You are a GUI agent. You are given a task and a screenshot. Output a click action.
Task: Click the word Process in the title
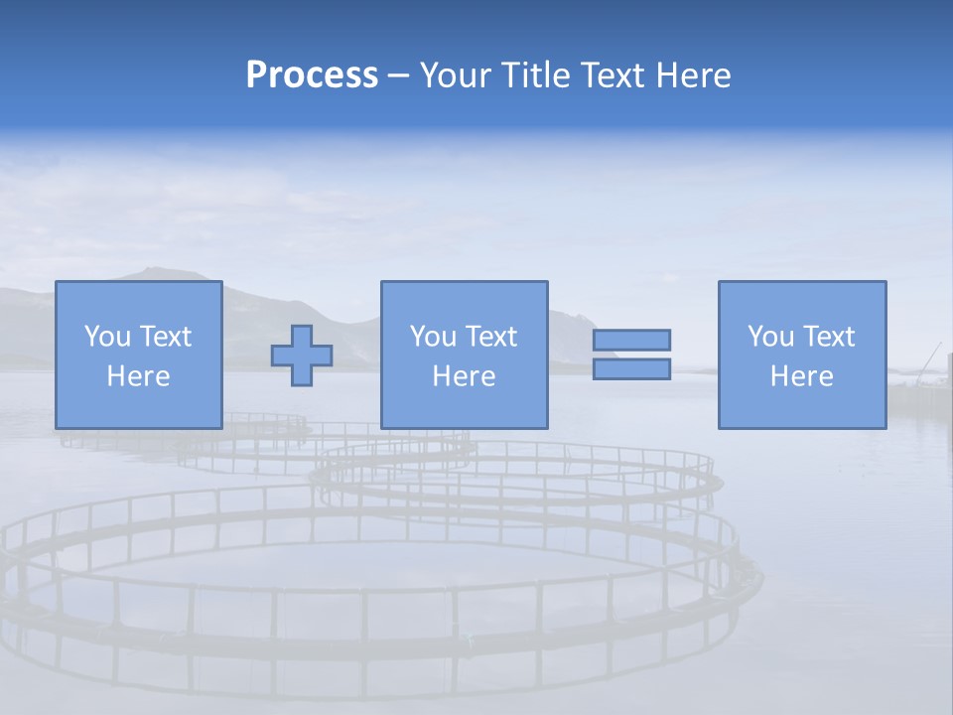(312, 75)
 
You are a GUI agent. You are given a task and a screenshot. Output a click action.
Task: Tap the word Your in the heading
(455, 75)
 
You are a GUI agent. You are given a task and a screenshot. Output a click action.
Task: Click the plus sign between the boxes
(302, 356)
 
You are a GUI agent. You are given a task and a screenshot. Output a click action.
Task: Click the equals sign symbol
(631, 355)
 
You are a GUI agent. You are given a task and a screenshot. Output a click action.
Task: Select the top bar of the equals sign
(631, 341)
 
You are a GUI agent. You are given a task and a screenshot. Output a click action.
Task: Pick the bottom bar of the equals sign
(631, 368)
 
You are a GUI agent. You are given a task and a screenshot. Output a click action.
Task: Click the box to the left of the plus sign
(138, 355)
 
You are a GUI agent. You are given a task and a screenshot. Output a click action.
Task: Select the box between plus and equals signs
(464, 355)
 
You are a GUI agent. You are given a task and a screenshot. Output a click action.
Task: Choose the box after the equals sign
(801, 355)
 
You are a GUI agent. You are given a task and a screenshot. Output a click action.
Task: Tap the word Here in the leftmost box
(138, 376)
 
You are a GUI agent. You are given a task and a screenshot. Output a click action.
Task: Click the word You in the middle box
(433, 337)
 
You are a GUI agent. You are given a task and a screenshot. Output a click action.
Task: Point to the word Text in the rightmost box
(826, 337)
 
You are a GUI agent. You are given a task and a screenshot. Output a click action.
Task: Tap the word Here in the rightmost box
(801, 376)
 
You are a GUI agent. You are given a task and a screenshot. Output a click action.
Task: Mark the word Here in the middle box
(464, 376)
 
